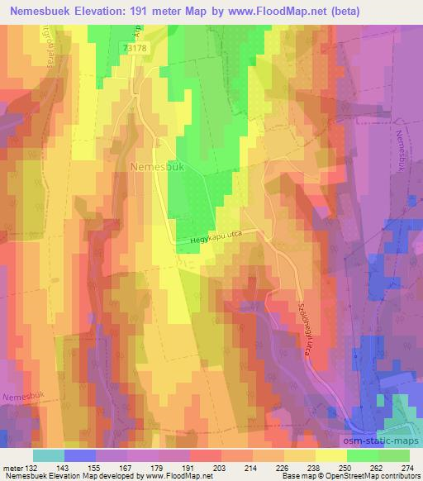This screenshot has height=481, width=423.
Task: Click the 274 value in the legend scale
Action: tap(406, 467)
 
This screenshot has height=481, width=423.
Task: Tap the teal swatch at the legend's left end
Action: tap(48, 455)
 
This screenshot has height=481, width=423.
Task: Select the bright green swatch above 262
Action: tap(362, 455)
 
